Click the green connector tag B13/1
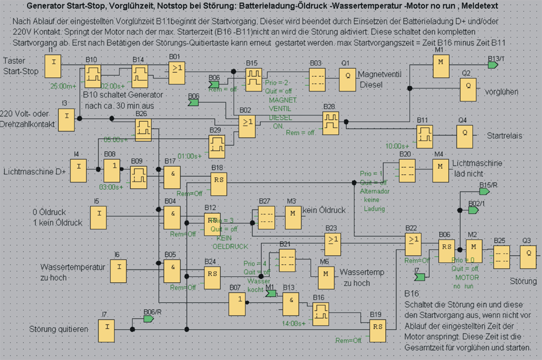pyautogui.click(x=493, y=64)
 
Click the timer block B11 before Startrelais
pyautogui.click(x=424, y=136)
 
